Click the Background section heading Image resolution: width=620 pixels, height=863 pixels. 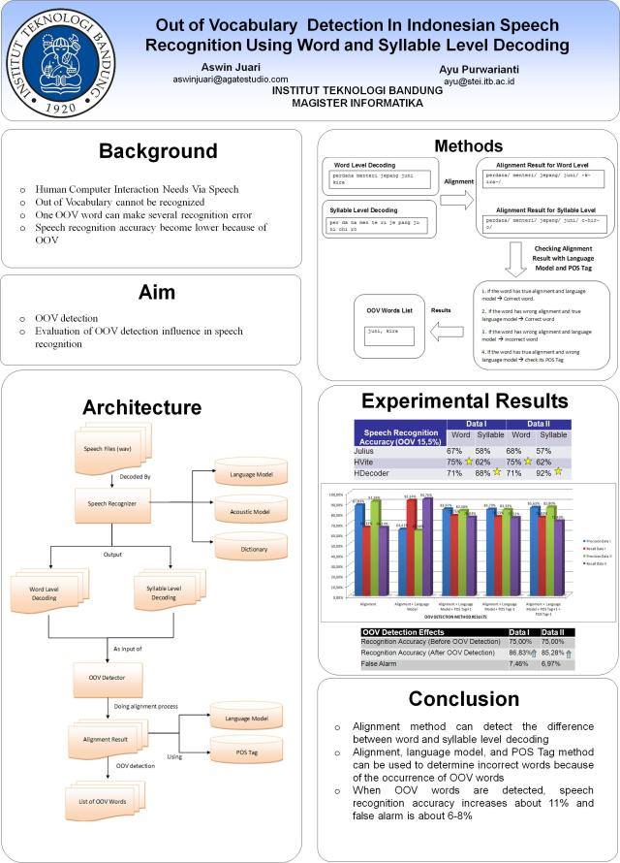pos(158,151)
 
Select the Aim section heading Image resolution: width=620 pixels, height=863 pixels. pos(158,292)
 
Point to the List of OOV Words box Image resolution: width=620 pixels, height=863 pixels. pos(103,802)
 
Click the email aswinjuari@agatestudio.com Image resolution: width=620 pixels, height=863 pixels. pos(231,80)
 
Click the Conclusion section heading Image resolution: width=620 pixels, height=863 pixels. pos(463,699)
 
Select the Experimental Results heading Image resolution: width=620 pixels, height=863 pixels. pos(464,401)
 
